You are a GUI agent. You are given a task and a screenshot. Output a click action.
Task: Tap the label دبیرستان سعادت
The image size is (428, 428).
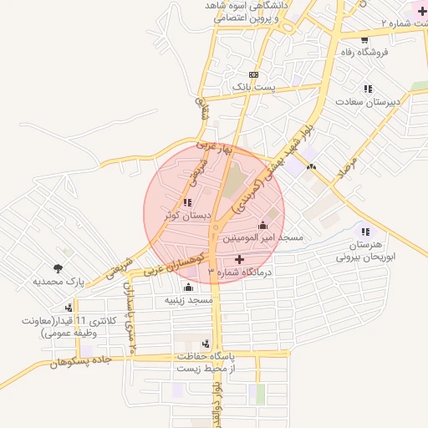click(x=369, y=101)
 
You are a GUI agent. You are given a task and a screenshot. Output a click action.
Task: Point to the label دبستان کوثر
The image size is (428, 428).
click(x=185, y=215)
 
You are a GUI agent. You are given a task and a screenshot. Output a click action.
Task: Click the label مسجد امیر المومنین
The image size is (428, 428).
click(x=262, y=238)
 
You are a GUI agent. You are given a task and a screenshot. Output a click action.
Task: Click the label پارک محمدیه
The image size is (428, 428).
click(x=59, y=282)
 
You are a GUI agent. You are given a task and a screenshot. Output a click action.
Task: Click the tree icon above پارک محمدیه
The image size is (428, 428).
click(x=57, y=268)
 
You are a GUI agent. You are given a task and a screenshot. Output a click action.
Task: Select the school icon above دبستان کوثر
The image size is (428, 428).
click(x=186, y=202)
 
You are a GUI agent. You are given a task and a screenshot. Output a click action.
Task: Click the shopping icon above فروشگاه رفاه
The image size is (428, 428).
click(x=365, y=39)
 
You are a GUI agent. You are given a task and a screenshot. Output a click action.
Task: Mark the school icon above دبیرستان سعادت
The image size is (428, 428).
click(x=368, y=89)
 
